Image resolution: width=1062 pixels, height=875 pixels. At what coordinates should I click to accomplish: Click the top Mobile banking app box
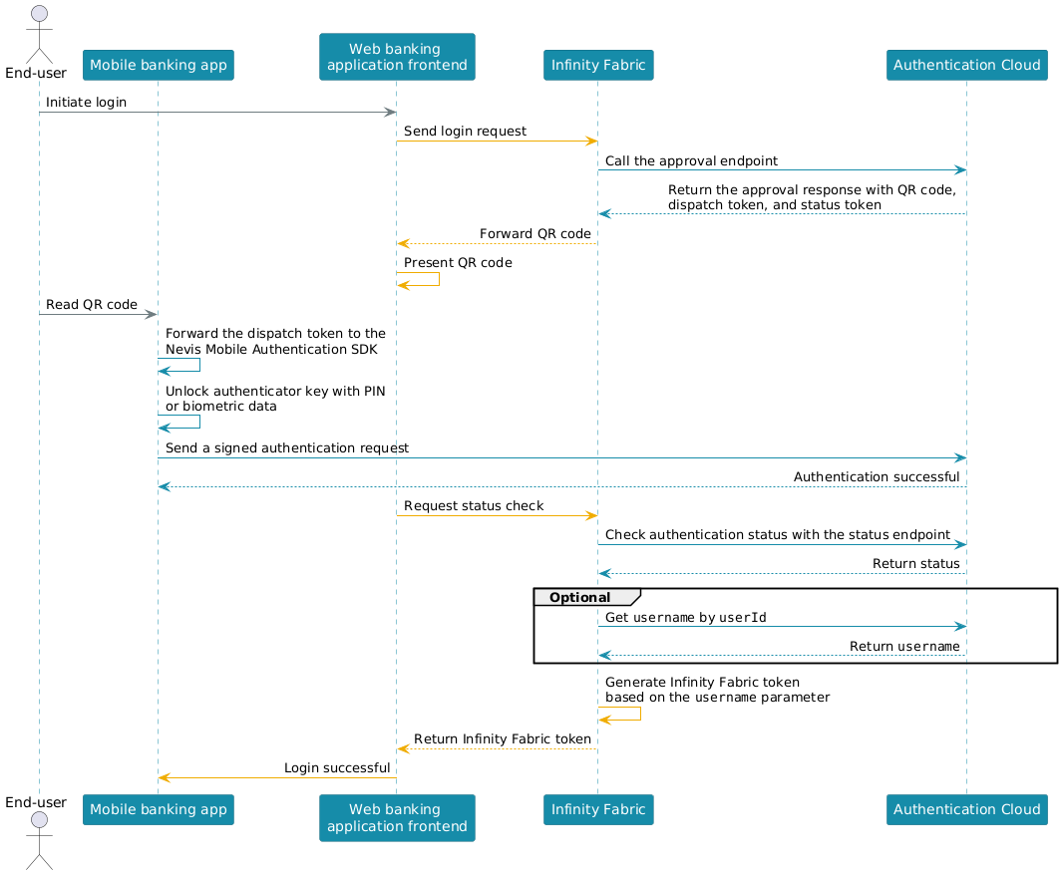(x=159, y=65)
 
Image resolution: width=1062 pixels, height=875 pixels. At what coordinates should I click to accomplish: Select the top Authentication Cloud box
(x=966, y=65)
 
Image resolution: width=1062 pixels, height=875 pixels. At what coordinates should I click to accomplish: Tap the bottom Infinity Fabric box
(x=598, y=809)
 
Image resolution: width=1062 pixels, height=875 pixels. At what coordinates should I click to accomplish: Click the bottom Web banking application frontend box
(x=397, y=817)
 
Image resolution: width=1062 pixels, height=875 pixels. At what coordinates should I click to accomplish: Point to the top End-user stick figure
(x=39, y=34)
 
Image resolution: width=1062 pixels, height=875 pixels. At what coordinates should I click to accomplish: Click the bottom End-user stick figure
(x=39, y=841)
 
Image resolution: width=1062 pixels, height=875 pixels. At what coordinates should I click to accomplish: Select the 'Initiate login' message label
(x=86, y=103)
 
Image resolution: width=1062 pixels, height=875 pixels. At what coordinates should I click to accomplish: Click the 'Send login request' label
(x=465, y=132)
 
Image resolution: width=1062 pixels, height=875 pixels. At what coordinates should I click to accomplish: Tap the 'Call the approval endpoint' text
(x=691, y=161)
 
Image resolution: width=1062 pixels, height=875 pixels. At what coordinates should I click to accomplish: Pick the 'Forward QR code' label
(x=535, y=233)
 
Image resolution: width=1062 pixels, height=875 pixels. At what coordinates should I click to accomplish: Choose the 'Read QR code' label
(x=92, y=305)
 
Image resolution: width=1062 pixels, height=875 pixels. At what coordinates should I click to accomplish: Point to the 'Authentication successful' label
(x=877, y=477)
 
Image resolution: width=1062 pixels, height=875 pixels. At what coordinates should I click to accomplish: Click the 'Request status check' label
(x=474, y=506)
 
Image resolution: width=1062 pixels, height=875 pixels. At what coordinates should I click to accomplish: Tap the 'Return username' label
(x=904, y=646)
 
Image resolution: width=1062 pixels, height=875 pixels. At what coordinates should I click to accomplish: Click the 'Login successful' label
(x=337, y=768)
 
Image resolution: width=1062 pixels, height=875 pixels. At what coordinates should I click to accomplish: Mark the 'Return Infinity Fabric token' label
(x=502, y=739)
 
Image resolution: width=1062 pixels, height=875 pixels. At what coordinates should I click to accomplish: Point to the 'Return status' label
(x=915, y=564)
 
